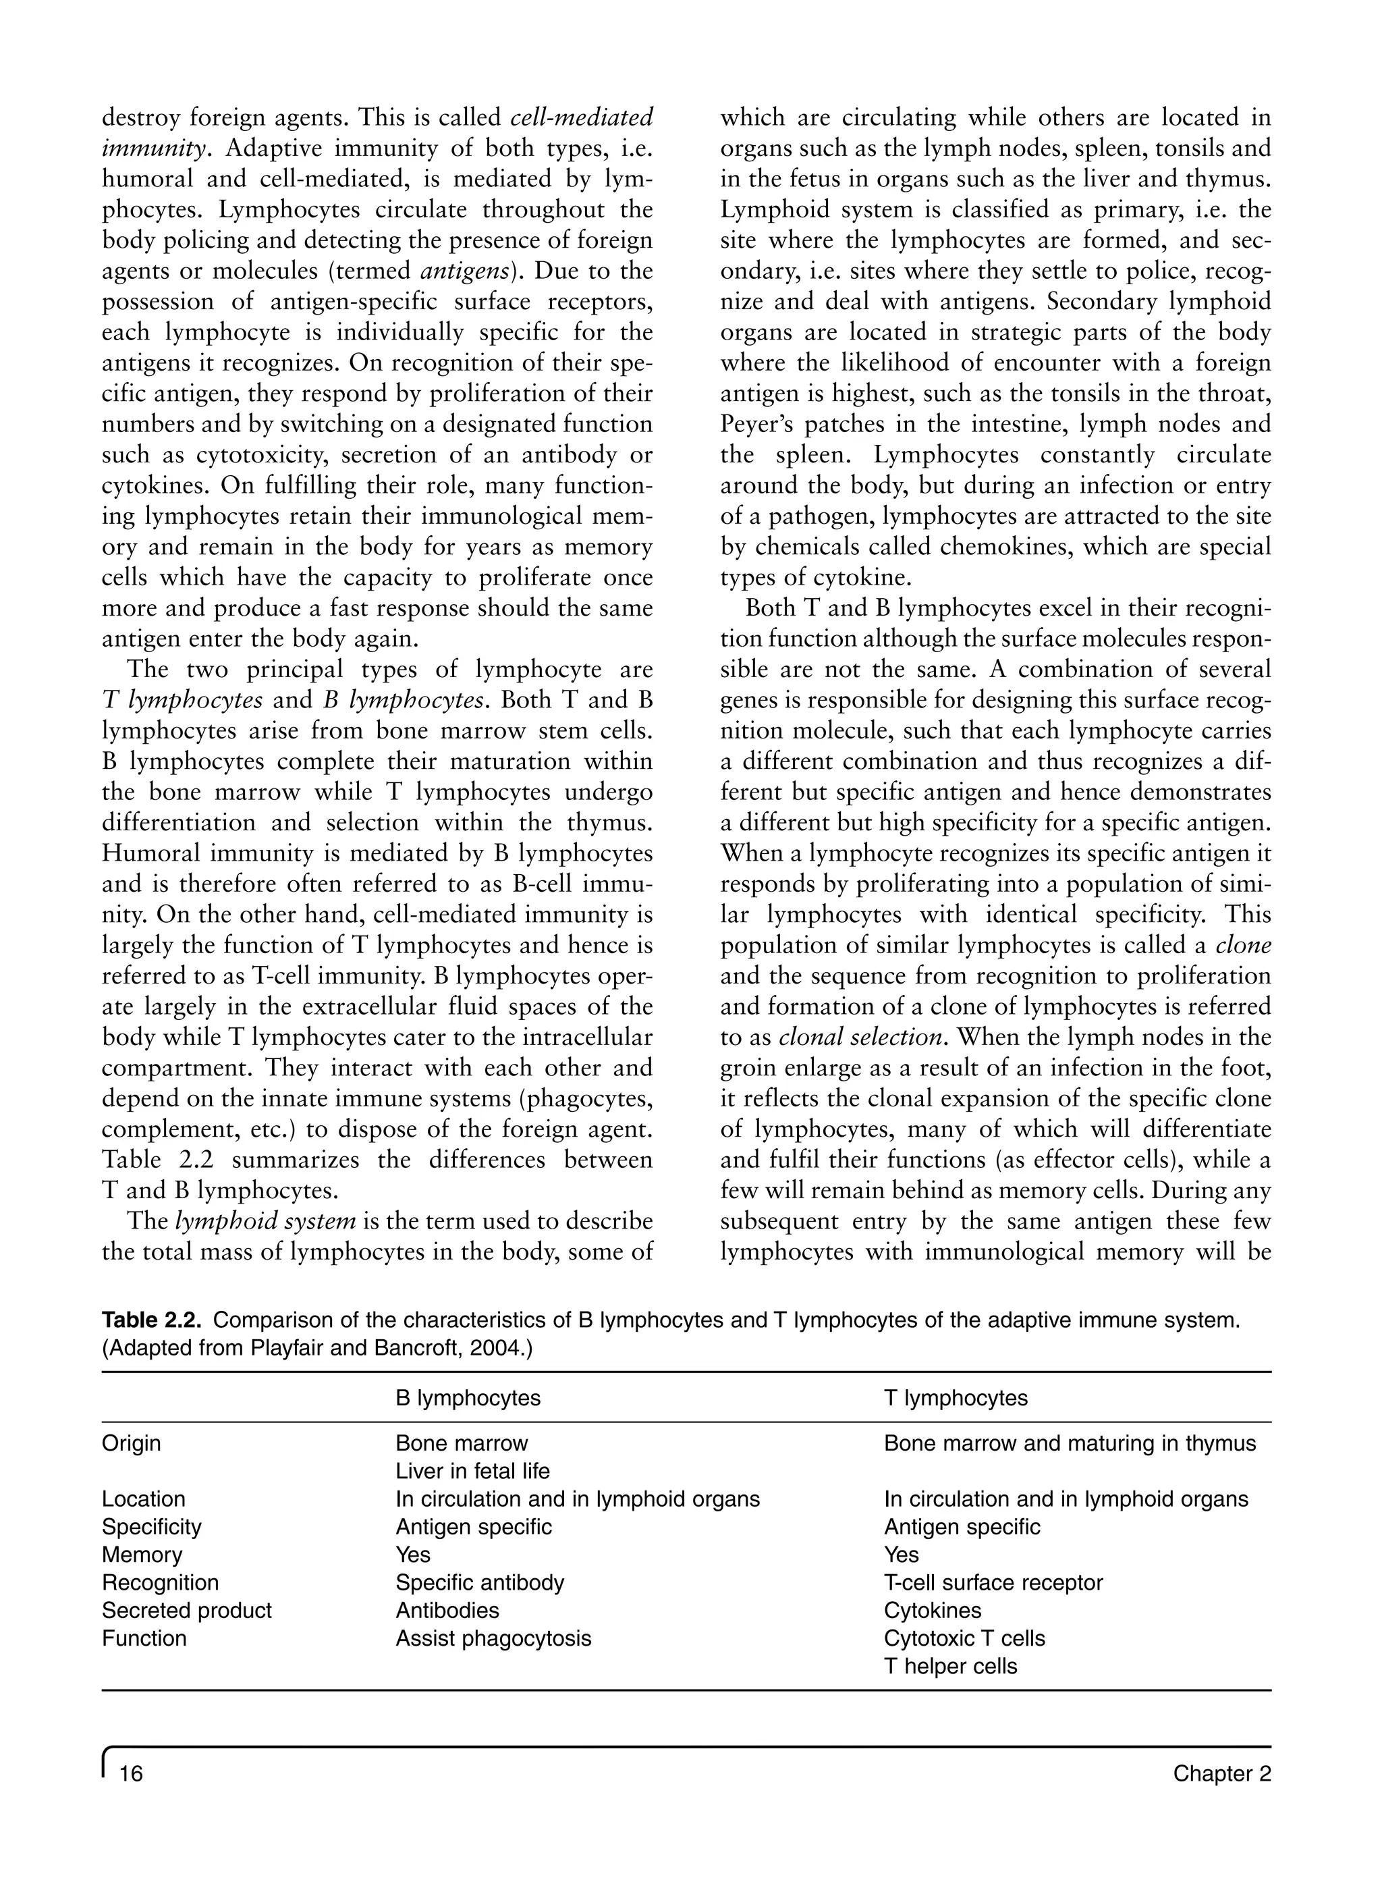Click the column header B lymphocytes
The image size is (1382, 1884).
[468, 1398]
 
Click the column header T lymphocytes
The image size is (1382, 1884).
[956, 1398]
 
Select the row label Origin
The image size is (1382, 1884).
[132, 1443]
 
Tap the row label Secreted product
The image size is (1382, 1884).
[186, 1611]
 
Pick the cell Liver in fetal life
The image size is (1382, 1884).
[472, 1471]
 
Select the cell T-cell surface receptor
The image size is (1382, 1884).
[993, 1583]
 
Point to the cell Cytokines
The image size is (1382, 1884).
[932, 1611]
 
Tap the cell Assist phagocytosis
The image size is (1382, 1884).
[493, 1638]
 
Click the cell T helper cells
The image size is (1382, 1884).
[950, 1666]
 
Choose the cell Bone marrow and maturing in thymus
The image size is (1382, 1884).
[1069, 1443]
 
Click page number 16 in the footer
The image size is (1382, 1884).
[132, 1773]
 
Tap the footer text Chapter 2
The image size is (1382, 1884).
[1221, 1773]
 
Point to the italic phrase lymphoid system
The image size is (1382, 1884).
[265, 1221]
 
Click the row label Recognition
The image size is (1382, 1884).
[160, 1583]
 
